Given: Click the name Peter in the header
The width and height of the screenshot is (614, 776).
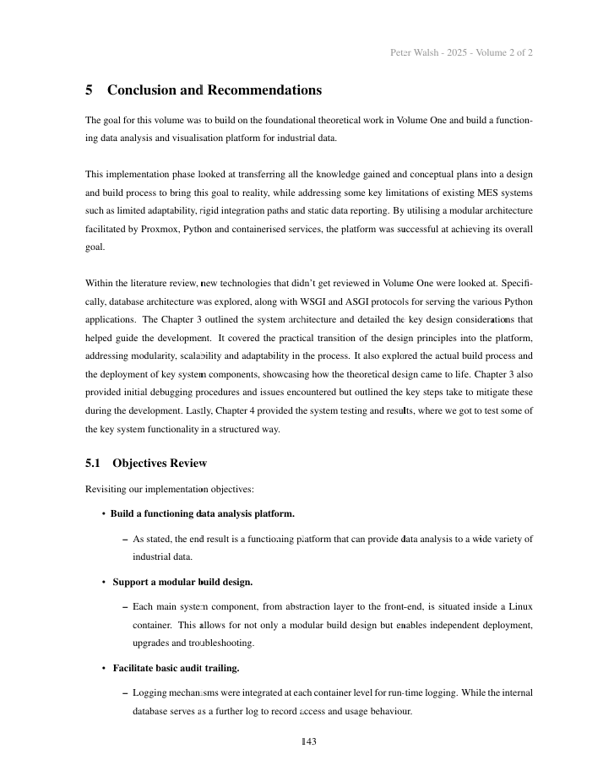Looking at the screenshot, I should click(401, 52).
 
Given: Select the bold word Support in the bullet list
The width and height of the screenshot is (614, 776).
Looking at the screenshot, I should click(131, 582).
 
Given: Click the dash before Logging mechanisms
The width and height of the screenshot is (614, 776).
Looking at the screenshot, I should click(125, 692).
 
